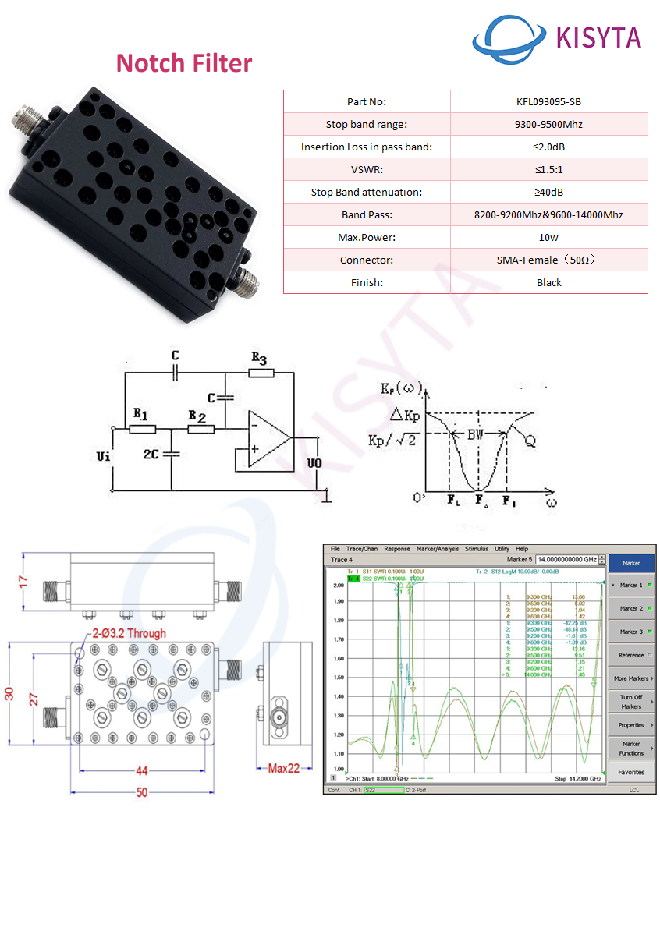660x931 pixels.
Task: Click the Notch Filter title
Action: pyautogui.click(x=184, y=63)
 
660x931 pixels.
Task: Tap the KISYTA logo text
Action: pyautogui.click(x=598, y=37)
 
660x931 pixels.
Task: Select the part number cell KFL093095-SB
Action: pyautogui.click(x=548, y=101)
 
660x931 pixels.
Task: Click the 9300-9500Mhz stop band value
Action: pyautogui.click(x=548, y=124)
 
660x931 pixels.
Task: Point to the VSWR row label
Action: pyautogui.click(x=366, y=169)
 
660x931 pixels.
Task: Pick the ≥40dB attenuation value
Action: pyautogui.click(x=548, y=192)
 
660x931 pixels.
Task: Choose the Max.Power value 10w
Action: pyautogui.click(x=548, y=237)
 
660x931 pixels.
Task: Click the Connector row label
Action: pyautogui.click(x=366, y=260)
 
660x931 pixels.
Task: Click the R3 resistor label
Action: pyautogui.click(x=259, y=359)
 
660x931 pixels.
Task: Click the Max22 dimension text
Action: pyautogui.click(x=284, y=769)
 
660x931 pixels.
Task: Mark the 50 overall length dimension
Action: pyautogui.click(x=141, y=792)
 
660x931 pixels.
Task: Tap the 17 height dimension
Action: pyautogui.click(x=23, y=582)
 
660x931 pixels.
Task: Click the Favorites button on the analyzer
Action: pyautogui.click(x=631, y=772)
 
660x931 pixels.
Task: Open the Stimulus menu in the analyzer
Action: pyautogui.click(x=476, y=549)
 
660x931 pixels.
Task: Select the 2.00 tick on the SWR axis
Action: pyautogui.click(x=339, y=585)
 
